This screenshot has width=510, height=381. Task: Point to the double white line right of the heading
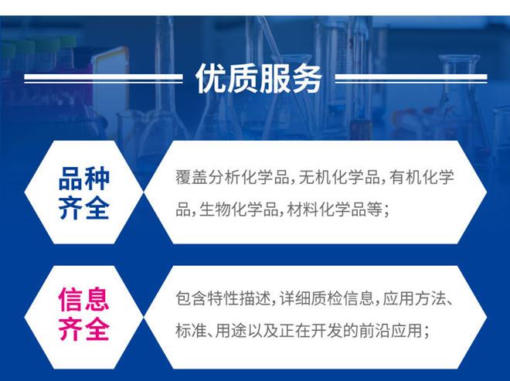pyautogui.click(x=410, y=78)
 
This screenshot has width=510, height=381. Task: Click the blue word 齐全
pyautogui.click(x=84, y=208)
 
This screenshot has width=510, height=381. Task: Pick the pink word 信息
pyautogui.click(x=84, y=299)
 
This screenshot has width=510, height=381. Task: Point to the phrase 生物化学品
pyautogui.click(x=236, y=208)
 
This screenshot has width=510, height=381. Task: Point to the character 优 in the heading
pyautogui.click(x=209, y=78)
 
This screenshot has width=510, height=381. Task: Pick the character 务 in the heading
pyautogui.click(x=307, y=78)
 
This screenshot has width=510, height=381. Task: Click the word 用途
pyautogui.click(x=234, y=330)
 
